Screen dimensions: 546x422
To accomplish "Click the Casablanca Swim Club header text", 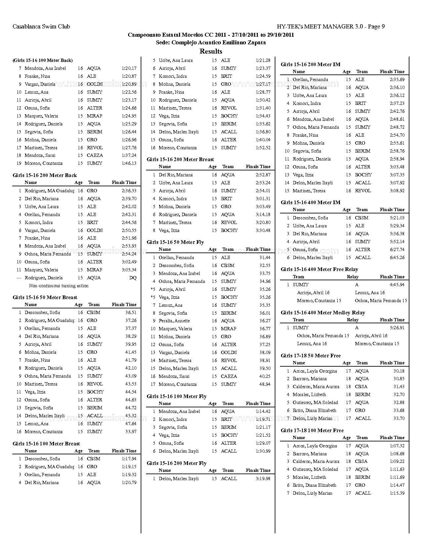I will [41, 26].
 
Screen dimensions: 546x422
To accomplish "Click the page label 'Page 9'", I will [376, 26].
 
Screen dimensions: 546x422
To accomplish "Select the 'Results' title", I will [211, 51].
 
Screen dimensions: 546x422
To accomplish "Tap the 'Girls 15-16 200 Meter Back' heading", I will [45, 175].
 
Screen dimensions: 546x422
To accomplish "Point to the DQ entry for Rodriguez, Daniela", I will [133, 278].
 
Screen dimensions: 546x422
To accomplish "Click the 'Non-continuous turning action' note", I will [59, 286].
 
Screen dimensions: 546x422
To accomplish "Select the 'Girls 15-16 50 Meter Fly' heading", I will [175, 242].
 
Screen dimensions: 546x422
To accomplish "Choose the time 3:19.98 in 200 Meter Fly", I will [263, 479].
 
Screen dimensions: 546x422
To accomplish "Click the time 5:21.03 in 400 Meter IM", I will [397, 218].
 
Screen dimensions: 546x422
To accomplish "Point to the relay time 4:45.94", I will [397, 285].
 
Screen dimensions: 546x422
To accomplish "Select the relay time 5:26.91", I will [397, 328].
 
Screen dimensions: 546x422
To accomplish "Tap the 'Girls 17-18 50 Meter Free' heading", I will [310, 356].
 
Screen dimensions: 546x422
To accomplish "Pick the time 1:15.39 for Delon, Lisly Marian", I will [397, 493].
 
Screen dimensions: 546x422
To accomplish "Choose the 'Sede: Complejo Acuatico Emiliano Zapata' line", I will [211, 42].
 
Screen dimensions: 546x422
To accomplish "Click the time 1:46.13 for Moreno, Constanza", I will [129, 163].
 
